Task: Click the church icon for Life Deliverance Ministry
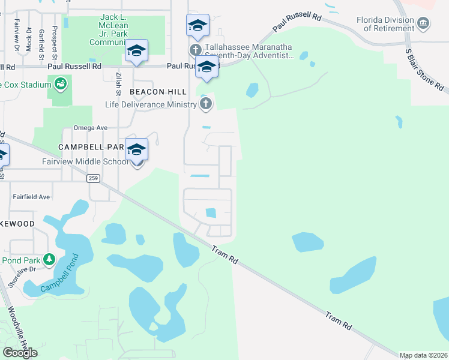(x=206, y=104)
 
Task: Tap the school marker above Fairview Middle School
(x=137, y=150)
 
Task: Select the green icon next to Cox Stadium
(x=61, y=84)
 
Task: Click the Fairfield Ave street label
(x=31, y=197)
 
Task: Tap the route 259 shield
(x=92, y=178)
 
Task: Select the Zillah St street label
(x=118, y=82)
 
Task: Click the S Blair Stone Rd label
(x=426, y=68)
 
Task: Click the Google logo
(x=20, y=353)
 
